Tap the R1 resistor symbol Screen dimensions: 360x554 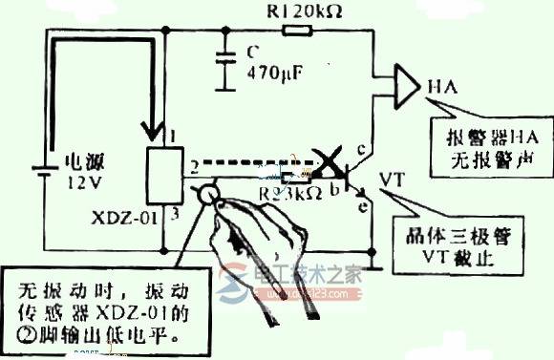point(296,32)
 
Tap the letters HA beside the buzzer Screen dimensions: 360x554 point(440,87)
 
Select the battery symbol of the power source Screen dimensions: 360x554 point(40,171)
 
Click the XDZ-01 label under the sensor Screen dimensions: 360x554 point(117,217)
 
